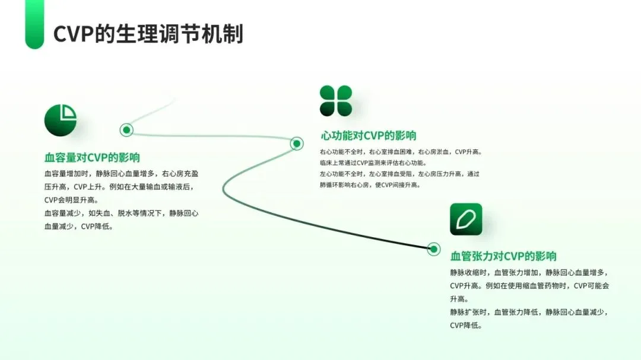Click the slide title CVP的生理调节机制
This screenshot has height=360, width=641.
click(148, 34)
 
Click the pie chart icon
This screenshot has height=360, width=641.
click(61, 120)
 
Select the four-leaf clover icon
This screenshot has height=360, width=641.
click(336, 101)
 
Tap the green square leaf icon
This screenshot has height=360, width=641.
click(466, 219)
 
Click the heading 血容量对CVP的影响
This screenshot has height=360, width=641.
click(92, 158)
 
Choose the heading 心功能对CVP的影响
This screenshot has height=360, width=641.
click(368, 136)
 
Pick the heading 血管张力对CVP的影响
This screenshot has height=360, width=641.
click(503, 256)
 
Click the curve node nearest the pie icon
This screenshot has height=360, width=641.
click(126, 130)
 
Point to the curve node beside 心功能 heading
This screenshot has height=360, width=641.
click(296, 143)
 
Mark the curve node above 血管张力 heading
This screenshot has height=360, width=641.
click(434, 249)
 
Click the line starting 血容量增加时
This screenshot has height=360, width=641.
click(121, 174)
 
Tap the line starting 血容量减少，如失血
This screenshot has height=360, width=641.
click(121, 213)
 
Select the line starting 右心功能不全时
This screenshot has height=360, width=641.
click(401, 152)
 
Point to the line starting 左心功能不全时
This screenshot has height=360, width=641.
click(399, 174)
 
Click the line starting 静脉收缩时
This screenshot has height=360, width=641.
click(529, 273)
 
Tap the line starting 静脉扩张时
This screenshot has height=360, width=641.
click(529, 312)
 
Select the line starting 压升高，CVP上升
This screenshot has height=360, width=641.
click(118, 187)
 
